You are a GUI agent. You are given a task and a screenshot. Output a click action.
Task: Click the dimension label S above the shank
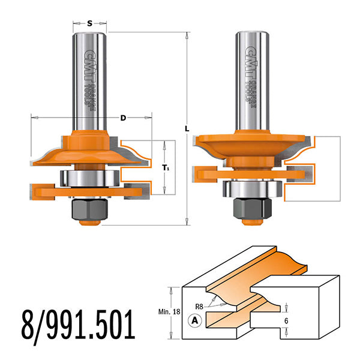(x=89, y=24)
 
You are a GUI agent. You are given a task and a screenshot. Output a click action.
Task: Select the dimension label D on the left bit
(x=123, y=118)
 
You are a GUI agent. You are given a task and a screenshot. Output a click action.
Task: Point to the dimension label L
(x=188, y=128)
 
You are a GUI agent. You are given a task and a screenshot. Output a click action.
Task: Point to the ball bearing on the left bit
(x=90, y=178)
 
